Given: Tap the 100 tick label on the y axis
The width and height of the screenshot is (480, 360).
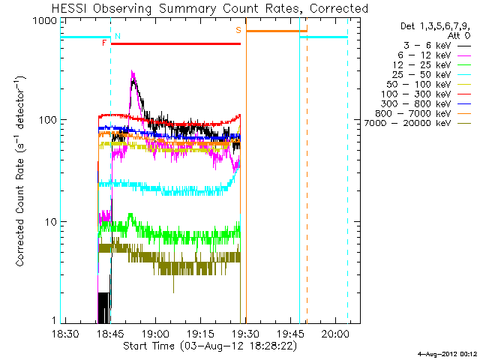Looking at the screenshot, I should (x=48, y=120).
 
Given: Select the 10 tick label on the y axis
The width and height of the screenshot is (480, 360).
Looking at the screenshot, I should (x=51, y=222).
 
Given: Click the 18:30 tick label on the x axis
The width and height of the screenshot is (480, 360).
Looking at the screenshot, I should (x=66, y=334).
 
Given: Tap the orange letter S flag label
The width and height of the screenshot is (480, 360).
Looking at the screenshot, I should (x=238, y=30).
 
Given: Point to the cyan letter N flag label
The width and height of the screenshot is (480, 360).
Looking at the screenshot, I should (x=117, y=36).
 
